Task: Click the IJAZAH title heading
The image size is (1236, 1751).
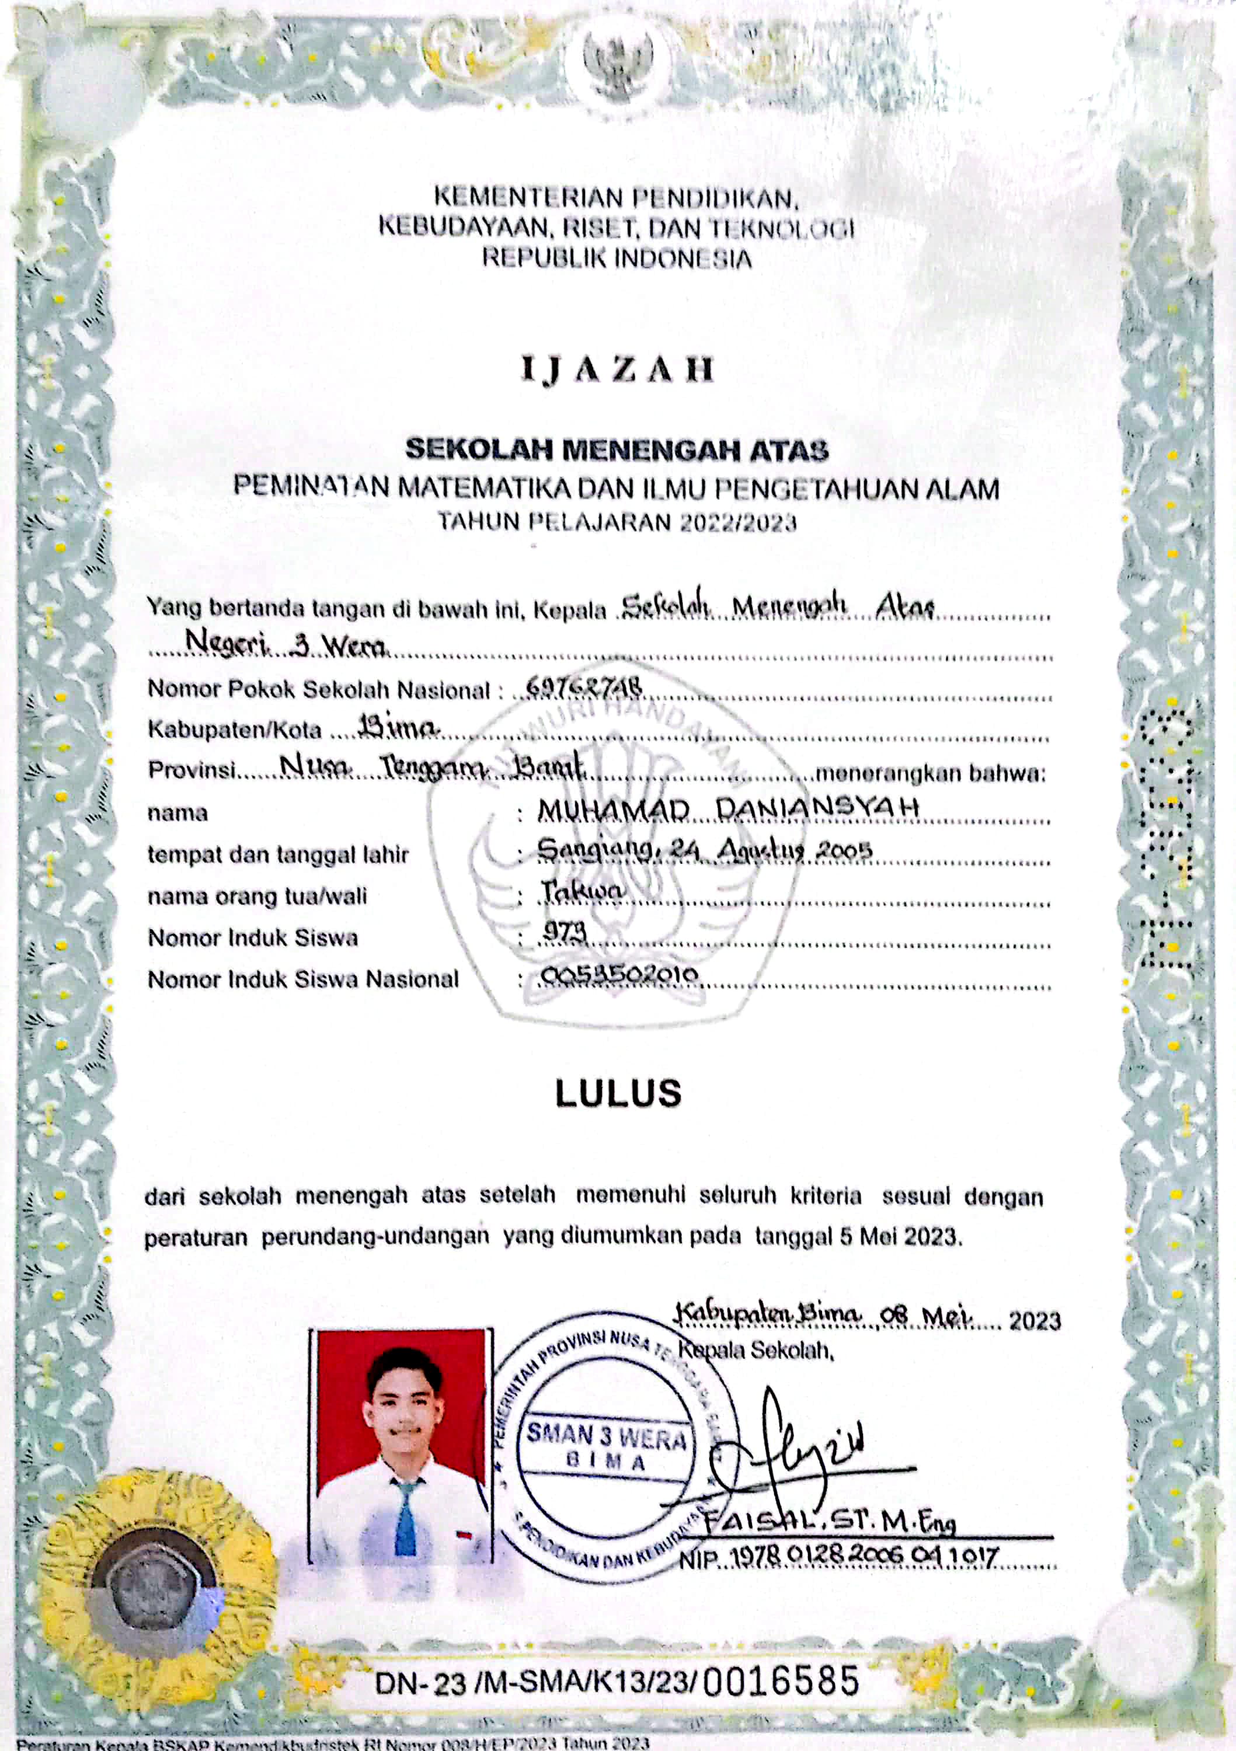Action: (x=617, y=370)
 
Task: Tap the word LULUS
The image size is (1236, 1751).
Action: (x=618, y=1093)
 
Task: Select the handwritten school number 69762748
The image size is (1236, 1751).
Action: (x=584, y=688)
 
